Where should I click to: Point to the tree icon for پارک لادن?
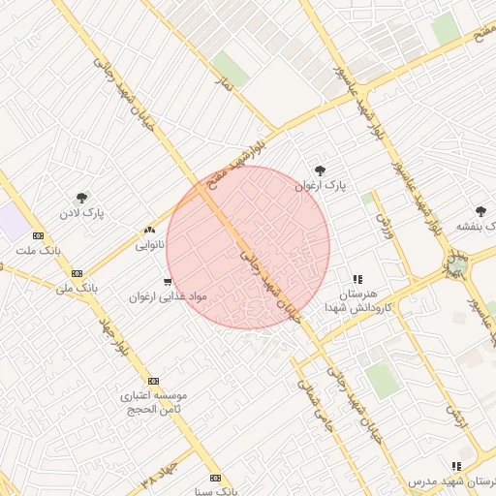pos(81,198)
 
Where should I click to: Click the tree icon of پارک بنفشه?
pos(480,211)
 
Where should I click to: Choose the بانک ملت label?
pos(38,250)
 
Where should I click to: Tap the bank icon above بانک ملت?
pos(38,235)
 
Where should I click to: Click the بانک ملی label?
pos(78,288)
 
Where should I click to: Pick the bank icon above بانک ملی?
pos(77,273)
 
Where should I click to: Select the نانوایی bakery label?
pos(148,245)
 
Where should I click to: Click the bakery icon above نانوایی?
pos(149,231)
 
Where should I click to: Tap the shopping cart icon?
pos(168,283)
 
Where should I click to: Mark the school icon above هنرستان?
pos(357,279)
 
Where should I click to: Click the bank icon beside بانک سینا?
pos(215,478)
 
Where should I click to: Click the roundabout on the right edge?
pos(457,263)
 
